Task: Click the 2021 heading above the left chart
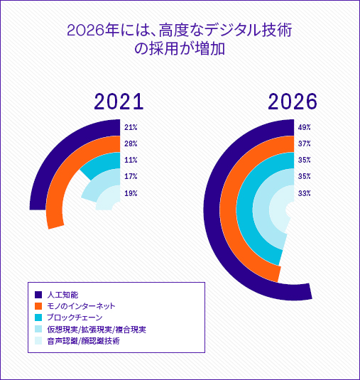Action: [x=119, y=102]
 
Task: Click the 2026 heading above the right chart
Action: [x=293, y=102]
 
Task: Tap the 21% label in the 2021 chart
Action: [x=131, y=127]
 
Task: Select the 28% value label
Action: [x=131, y=143]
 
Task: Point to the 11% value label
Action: [x=131, y=160]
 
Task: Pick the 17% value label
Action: [x=131, y=176]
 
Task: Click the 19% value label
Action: [x=131, y=193]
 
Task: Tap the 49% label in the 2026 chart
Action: [x=305, y=127]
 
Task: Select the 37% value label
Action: [x=305, y=143]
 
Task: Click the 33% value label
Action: [x=305, y=193]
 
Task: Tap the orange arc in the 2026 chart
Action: [x=228, y=208]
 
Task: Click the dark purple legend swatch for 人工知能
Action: [x=38, y=295]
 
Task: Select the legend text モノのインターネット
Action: [x=81, y=306]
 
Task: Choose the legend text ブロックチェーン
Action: [x=75, y=317]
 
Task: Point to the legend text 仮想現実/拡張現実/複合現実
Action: [x=97, y=330]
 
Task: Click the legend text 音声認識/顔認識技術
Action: [x=83, y=341]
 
